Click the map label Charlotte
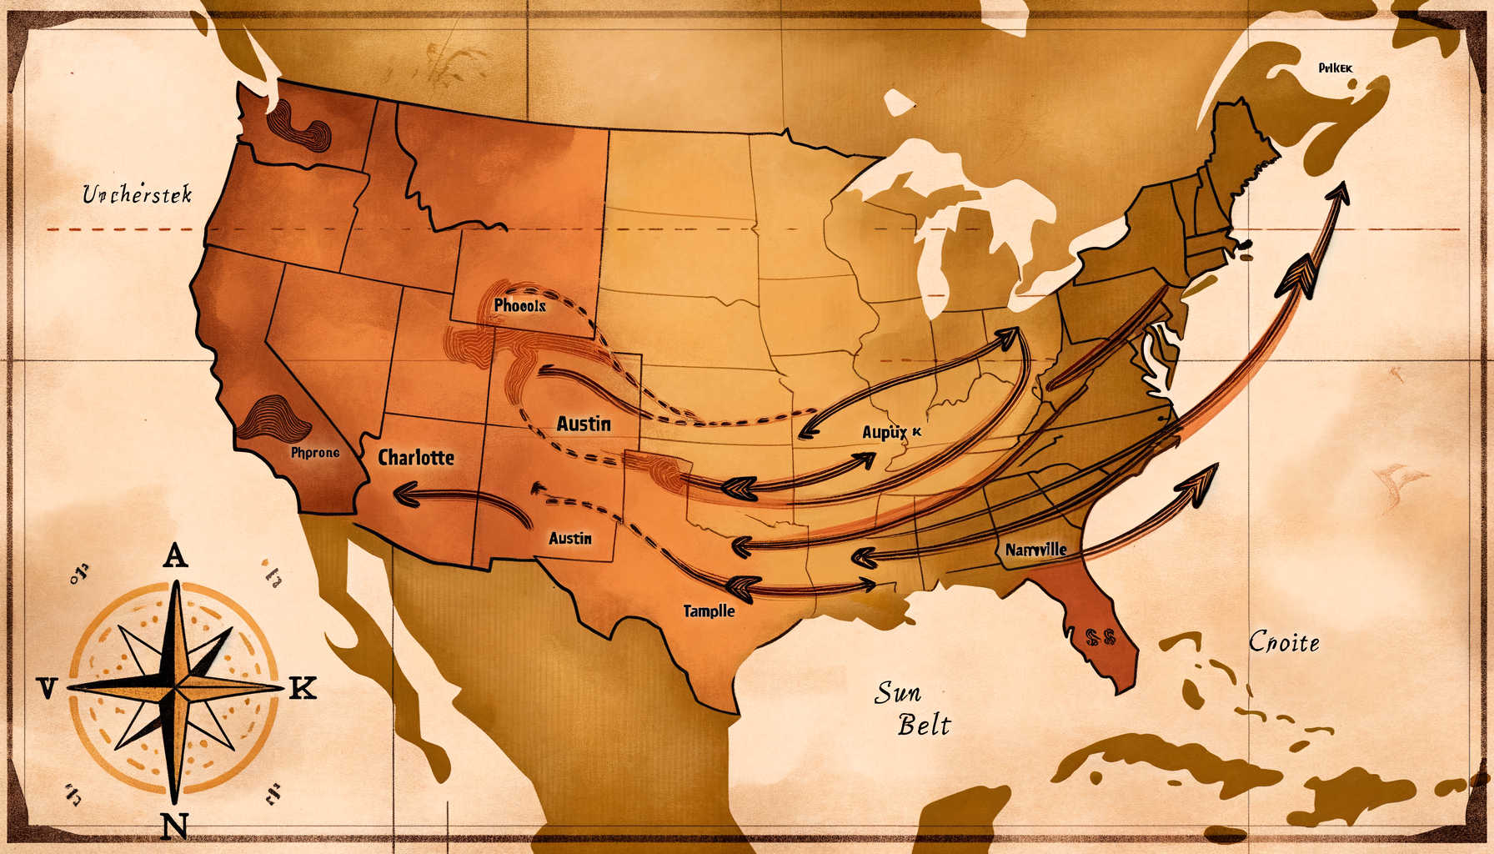pos(416,457)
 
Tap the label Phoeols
pos(519,306)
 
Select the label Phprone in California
pos(315,453)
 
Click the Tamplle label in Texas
pos(709,611)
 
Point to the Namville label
pos(1035,550)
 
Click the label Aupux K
pos(891,432)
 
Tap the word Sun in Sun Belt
pos(898,692)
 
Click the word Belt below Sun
pos(924,726)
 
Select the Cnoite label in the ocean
pos(1284,642)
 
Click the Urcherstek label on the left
pos(138,195)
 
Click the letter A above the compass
pos(175,555)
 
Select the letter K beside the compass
pos(303,689)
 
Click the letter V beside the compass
pos(47,689)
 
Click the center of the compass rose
pos(175,688)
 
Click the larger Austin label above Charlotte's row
pos(584,424)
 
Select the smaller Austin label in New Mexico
pos(570,539)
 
